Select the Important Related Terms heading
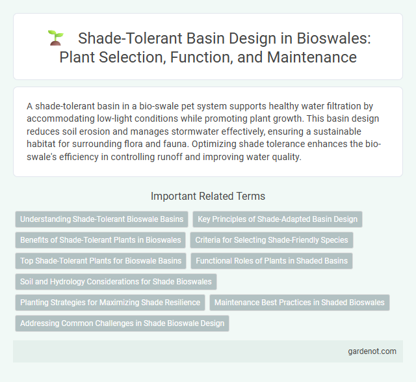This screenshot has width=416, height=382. [x=207, y=197]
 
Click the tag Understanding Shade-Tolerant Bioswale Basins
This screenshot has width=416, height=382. [x=101, y=219]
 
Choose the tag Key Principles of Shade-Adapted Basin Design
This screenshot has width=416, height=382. [x=277, y=219]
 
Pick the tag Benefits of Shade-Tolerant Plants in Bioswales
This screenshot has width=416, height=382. [x=100, y=240]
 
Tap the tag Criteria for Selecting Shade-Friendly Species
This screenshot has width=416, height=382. [x=272, y=240]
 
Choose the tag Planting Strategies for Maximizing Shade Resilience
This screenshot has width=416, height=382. [x=109, y=302]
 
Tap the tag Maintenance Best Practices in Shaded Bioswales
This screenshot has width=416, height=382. [x=299, y=302]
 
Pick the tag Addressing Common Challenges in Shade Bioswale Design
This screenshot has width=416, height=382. [x=122, y=323]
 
